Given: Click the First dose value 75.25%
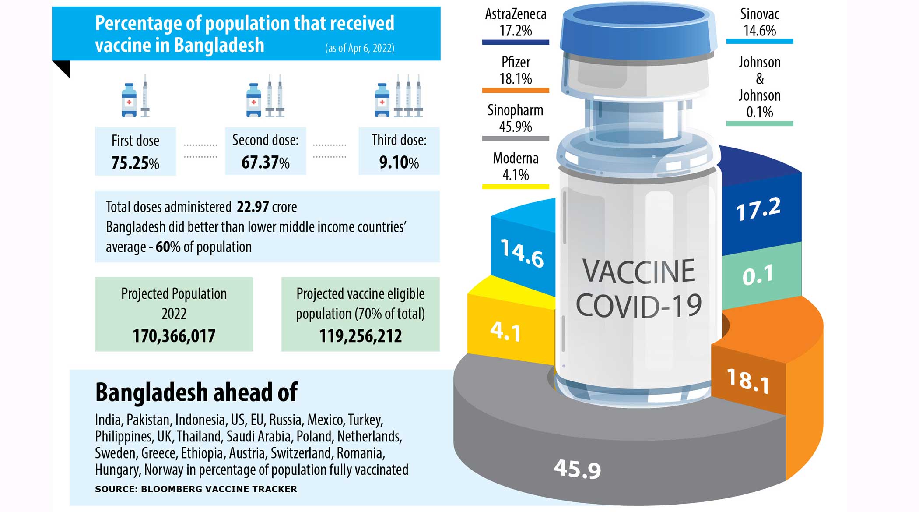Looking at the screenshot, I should coord(135,163).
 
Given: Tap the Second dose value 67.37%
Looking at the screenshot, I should coord(265,162).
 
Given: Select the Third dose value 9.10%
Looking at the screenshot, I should coord(399,162).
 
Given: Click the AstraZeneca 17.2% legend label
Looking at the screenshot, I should coord(516,22).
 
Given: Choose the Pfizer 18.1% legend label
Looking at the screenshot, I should coord(516,71).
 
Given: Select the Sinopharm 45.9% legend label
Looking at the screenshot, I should coord(516,118).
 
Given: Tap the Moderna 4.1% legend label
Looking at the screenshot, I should coord(516,166).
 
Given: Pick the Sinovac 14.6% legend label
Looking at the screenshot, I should coord(759,22).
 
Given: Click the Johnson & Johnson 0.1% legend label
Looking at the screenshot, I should coord(759,87).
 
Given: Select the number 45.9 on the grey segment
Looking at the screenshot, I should coord(577,469).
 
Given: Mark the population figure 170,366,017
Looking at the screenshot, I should coord(174,336).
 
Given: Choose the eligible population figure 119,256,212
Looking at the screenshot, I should coord(360,336).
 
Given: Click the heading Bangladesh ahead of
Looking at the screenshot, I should coord(196,392).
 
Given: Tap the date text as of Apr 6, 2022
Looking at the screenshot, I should coord(359,48).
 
